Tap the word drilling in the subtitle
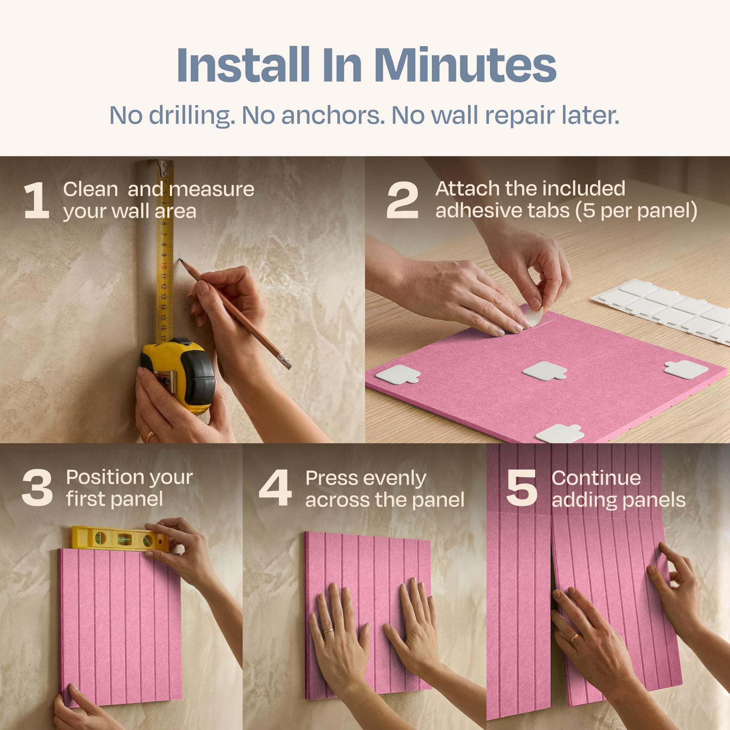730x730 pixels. (192, 115)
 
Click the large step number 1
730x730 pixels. (37, 201)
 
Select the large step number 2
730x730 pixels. (403, 201)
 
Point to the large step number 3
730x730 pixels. (38, 488)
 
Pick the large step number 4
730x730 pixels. (275, 488)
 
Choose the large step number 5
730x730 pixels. (522, 488)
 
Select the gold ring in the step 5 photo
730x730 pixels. (574, 638)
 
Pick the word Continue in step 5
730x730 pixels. (596, 478)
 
